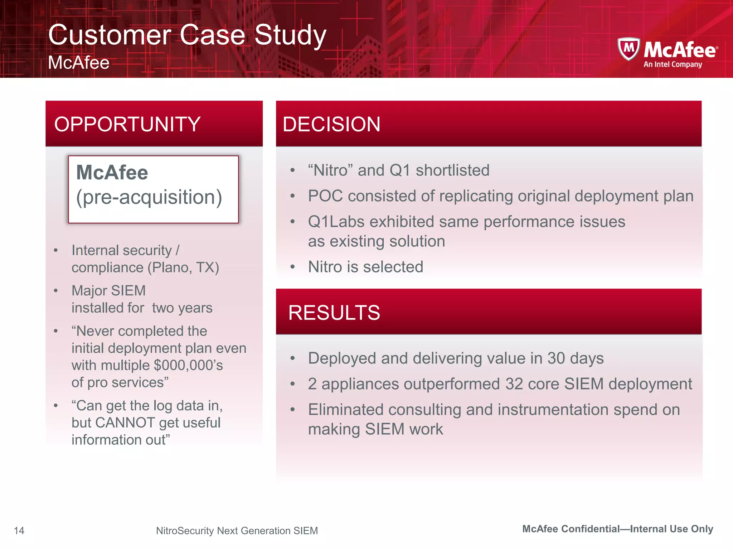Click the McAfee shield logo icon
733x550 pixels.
[x=628, y=49]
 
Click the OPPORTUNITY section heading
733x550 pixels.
[x=127, y=124]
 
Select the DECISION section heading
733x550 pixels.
[x=331, y=124]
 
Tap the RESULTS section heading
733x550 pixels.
[x=334, y=313]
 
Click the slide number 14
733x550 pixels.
[x=19, y=530]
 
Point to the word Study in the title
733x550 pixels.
[x=290, y=35]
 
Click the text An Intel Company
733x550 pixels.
[x=673, y=64]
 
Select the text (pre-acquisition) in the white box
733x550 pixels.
[x=149, y=197]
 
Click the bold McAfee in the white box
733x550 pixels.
[x=112, y=172]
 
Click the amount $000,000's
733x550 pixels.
[x=188, y=365]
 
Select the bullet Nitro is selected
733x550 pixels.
[x=365, y=267]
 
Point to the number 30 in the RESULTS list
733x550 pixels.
[x=556, y=358]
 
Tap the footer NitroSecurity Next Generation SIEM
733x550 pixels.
[x=237, y=530]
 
